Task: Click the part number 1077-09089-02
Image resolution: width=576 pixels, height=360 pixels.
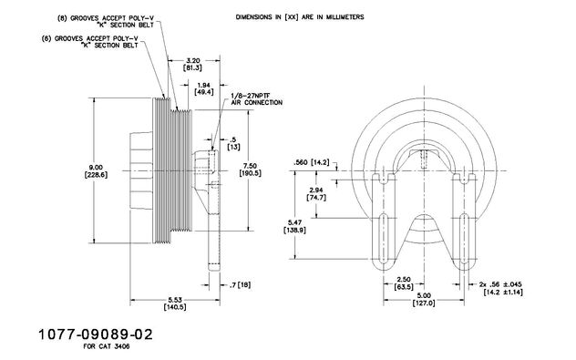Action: pos(95,334)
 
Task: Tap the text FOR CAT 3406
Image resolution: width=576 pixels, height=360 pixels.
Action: pos(107,346)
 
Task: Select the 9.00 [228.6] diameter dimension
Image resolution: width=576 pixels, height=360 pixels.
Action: pos(96,171)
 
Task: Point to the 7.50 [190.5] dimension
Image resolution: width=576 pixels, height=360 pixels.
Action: pos(250,170)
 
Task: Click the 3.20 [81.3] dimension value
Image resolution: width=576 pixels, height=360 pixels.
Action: pos(192,65)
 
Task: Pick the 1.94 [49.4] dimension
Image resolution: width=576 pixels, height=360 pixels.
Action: pos(204,88)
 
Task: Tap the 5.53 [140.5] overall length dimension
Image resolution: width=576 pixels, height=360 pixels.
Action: pos(175,303)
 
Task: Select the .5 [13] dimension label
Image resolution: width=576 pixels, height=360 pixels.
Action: pos(233,143)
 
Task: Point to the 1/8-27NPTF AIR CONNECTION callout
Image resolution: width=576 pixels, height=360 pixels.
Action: pos(257,99)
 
